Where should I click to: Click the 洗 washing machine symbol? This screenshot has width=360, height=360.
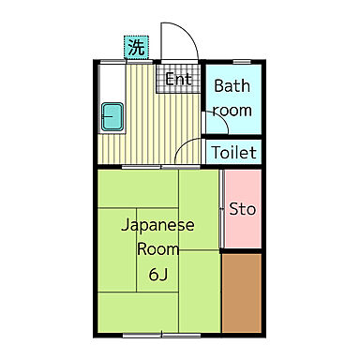[x=136, y=46]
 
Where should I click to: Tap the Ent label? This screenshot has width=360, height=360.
[x=178, y=80]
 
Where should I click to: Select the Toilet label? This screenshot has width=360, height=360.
[x=233, y=152]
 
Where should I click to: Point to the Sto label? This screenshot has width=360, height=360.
[x=243, y=208]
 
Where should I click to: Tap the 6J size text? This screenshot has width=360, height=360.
[x=157, y=275]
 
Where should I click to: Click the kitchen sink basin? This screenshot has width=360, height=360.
[x=114, y=118]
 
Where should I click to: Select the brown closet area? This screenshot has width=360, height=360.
[x=242, y=290]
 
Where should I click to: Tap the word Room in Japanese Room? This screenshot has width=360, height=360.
[x=157, y=249]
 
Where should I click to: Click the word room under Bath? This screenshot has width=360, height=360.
[x=232, y=110]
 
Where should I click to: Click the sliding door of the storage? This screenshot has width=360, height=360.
[x=222, y=208]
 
